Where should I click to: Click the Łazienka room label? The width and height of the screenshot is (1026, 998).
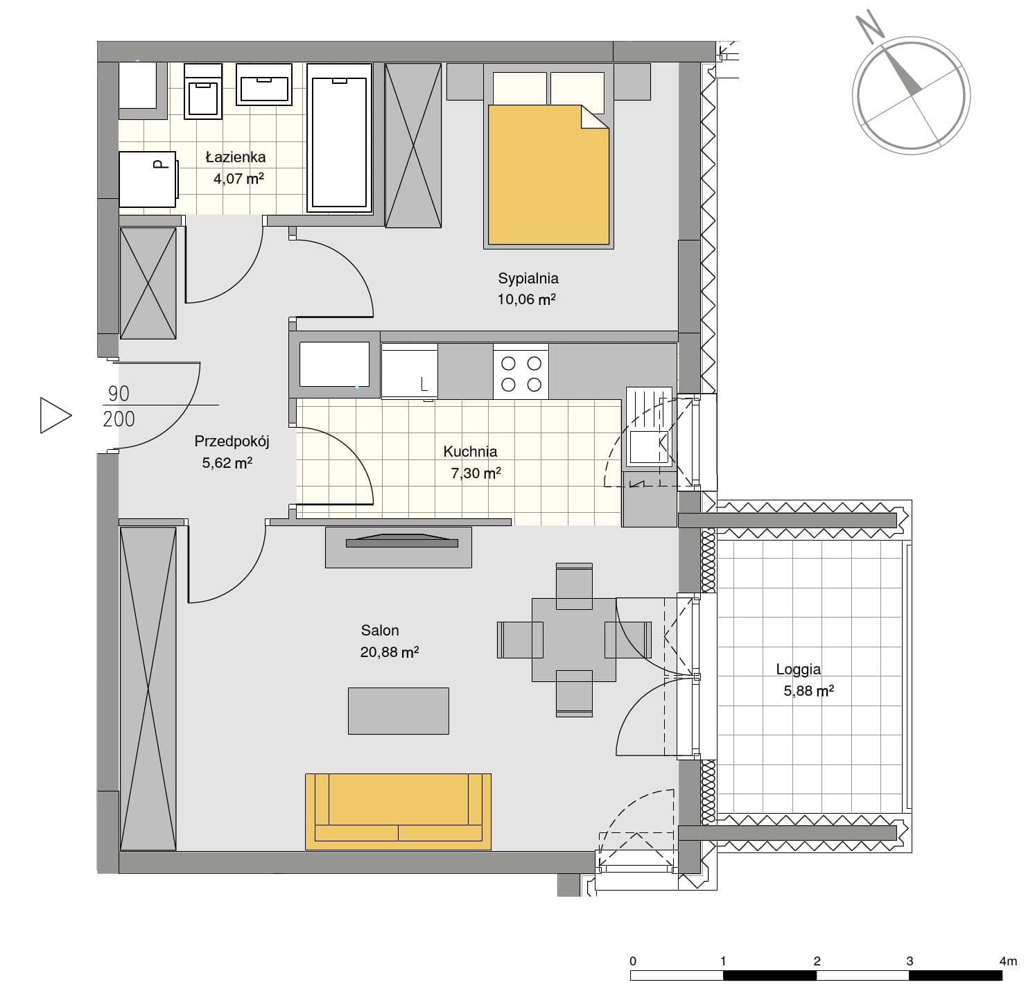coord(235,157)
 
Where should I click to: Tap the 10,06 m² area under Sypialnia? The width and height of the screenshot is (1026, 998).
coord(526,299)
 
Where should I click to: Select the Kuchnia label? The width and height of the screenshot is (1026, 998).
coord(470,451)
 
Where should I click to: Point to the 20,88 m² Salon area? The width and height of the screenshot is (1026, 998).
coord(389,652)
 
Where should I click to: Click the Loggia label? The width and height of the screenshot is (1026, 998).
coord(798,669)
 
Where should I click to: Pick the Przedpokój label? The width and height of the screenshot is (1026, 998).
coord(232,441)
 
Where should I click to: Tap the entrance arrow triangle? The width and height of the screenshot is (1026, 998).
coord(55,415)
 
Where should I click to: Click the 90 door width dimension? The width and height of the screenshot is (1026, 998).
coord(119,393)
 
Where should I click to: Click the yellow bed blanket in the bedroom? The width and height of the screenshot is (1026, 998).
coord(548,175)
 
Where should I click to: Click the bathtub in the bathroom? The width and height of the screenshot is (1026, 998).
coord(340,138)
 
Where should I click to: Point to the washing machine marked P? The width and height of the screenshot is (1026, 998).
coord(148,180)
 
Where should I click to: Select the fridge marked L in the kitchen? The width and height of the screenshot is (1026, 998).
coord(409,371)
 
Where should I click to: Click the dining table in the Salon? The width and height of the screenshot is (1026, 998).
coord(573,640)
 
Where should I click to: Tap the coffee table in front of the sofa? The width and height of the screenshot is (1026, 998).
coord(398,710)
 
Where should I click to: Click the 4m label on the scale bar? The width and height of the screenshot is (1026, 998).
coord(1008,961)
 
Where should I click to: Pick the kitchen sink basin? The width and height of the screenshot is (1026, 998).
coord(649,448)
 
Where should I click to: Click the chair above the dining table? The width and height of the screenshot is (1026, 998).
coord(574,586)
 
